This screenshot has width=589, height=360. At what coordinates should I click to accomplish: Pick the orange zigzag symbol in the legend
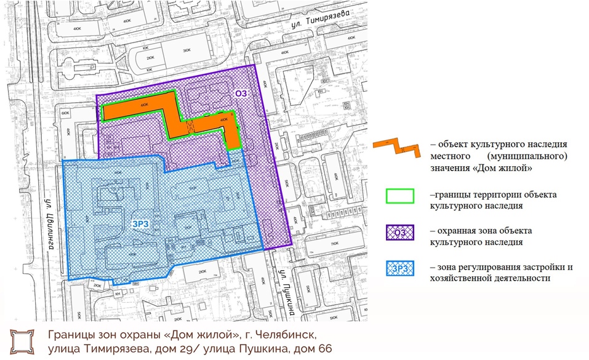pos(396,147)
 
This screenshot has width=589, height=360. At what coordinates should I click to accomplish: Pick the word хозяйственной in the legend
pos(465,278)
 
